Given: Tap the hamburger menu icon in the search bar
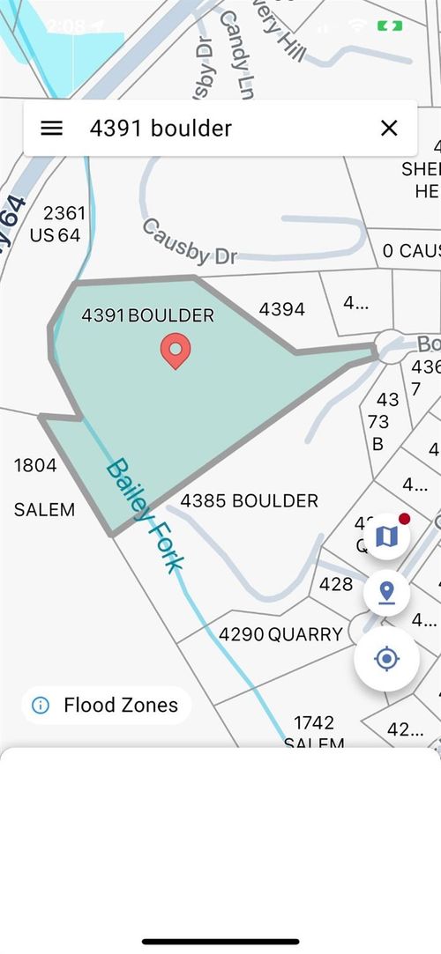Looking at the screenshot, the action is tap(52, 129).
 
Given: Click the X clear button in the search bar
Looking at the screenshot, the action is tap(389, 129).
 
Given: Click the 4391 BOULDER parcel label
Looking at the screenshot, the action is tap(147, 314).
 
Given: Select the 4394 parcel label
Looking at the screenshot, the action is tap(281, 309).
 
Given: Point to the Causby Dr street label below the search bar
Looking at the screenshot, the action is tap(190, 242).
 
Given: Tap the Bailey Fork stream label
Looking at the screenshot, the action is tap(145, 514).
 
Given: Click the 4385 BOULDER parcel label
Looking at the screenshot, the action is tap(249, 500).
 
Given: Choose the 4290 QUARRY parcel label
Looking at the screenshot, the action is tap(280, 634).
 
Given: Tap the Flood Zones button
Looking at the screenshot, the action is tap(120, 705).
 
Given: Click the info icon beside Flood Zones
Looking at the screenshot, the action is tap(40, 705).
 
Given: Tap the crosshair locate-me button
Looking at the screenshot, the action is tap(386, 658).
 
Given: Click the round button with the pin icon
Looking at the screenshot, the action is tap(386, 592).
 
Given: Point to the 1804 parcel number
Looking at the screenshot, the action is tap(35, 465).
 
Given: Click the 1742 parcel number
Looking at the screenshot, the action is tap(313, 722).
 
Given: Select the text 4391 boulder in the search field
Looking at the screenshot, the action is tap(161, 129).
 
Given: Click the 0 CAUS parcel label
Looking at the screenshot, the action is tap(410, 251).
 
